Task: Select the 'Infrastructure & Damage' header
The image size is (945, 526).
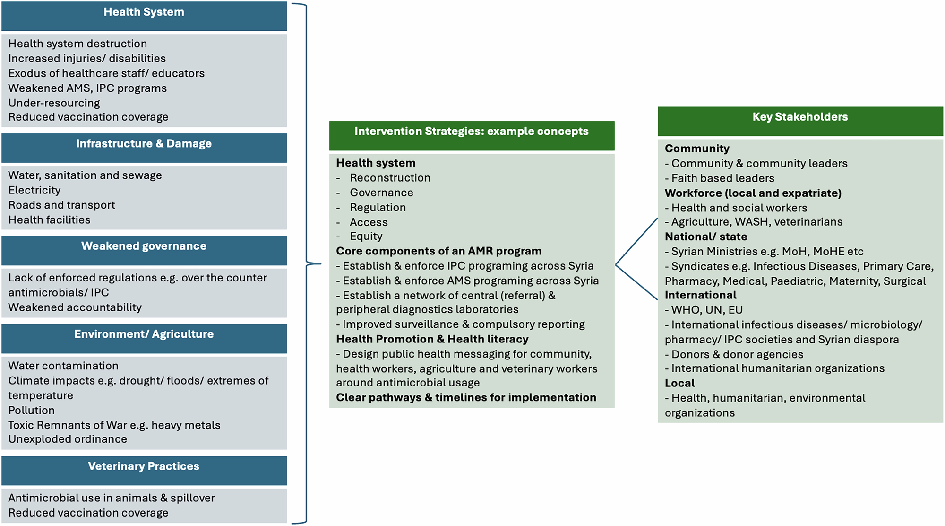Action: (144, 144)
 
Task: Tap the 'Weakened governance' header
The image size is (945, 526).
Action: (144, 246)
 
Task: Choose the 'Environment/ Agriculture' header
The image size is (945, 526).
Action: (144, 334)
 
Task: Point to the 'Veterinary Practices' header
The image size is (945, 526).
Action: (144, 466)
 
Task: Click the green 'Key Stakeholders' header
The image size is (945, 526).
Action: (800, 117)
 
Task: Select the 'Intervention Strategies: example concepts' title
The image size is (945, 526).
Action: (472, 131)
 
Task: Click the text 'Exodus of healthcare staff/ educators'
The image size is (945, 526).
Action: (106, 73)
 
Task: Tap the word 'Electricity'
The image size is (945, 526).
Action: (34, 190)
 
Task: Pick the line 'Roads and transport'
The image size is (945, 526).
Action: (61, 205)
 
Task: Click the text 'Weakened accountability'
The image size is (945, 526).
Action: (75, 307)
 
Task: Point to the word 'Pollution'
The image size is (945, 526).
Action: (31, 410)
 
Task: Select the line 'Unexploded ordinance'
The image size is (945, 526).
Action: (68, 439)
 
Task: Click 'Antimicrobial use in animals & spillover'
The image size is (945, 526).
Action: (112, 498)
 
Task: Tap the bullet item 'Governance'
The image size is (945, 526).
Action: (381, 193)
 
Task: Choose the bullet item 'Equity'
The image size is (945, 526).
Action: (366, 236)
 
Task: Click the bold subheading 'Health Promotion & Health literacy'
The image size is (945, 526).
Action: (432, 339)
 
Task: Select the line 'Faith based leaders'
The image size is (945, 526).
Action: (722, 178)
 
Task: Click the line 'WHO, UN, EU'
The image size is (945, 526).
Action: (707, 310)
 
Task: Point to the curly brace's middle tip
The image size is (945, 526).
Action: (320, 263)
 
